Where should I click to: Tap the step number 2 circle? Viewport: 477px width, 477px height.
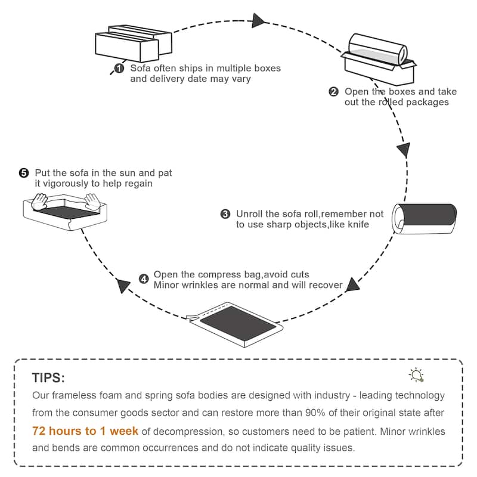[x=333, y=92]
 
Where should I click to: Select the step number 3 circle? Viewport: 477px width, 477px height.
[x=225, y=214]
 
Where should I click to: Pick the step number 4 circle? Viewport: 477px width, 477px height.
[x=144, y=278]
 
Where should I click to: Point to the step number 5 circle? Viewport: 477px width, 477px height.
[x=24, y=173]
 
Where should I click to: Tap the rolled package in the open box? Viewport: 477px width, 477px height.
[x=378, y=50]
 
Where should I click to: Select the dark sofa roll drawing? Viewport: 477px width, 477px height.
[x=425, y=216]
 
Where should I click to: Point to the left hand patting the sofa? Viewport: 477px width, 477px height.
[x=41, y=200]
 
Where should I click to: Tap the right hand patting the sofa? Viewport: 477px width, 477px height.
[x=92, y=200]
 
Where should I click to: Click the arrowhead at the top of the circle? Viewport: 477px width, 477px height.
[x=258, y=20]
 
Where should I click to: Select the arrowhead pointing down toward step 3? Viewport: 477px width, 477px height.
[x=404, y=149]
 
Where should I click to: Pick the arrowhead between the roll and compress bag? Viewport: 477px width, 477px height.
[x=353, y=284]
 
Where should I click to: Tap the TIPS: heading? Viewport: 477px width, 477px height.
[x=48, y=378]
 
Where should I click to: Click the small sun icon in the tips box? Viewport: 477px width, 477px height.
[x=416, y=374]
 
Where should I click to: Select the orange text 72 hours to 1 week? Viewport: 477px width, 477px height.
[x=85, y=430]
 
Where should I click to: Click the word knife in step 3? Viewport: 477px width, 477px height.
[x=358, y=225]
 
